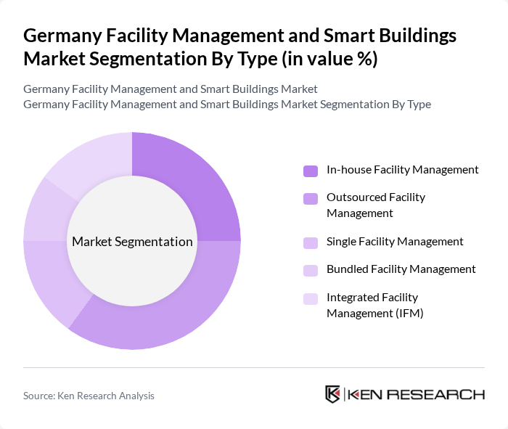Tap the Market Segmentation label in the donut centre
(131, 242)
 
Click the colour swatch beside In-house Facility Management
(311, 171)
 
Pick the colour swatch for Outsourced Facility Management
(311, 199)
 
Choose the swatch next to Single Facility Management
(311, 242)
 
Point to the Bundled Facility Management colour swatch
(311, 270)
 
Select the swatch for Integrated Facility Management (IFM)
(311, 298)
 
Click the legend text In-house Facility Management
(402, 170)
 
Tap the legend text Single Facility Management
(395, 242)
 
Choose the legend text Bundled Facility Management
(401, 269)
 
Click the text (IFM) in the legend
(407, 314)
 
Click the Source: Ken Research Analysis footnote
(89, 396)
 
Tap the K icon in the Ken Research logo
(332, 394)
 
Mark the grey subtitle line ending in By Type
(227, 105)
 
